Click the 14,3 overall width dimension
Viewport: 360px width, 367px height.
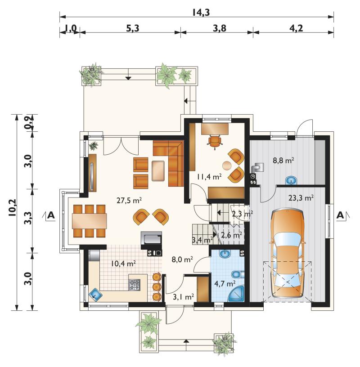[201, 12]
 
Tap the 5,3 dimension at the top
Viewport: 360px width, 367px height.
[133, 28]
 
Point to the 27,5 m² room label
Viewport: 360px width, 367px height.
[129, 200]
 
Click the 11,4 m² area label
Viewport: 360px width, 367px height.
[209, 177]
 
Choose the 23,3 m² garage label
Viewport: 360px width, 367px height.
[301, 198]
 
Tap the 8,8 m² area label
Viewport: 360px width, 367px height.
[283, 160]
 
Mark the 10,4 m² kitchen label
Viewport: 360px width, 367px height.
[123, 264]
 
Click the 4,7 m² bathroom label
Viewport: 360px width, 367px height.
[225, 284]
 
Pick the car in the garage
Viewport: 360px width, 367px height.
[288, 254]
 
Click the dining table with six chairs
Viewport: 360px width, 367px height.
[89, 221]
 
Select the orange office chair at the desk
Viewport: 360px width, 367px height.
[214, 141]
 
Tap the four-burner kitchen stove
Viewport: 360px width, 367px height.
[135, 285]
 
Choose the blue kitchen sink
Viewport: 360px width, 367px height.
[95, 294]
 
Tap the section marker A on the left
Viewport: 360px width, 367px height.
[51, 215]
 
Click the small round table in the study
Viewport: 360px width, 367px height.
[226, 165]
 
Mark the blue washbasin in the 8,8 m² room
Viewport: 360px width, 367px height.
[291, 180]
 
